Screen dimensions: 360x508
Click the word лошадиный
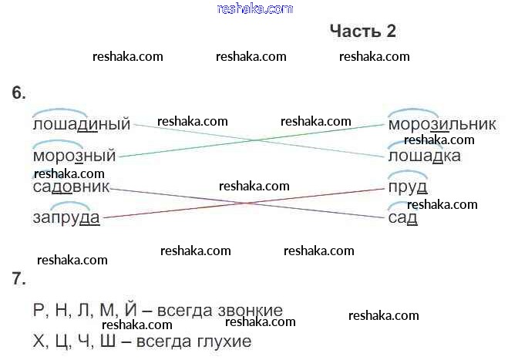82,125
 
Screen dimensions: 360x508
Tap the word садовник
72,187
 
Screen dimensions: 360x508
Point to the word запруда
66,218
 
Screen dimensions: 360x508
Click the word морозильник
442,125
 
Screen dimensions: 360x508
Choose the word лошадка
424,156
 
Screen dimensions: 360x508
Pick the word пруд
408,187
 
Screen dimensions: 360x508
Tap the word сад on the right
402,218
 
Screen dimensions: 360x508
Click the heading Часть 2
362,31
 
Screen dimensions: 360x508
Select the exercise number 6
19,93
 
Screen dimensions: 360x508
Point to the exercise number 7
19,278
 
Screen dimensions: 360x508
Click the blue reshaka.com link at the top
255,8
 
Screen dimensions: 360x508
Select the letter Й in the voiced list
130,310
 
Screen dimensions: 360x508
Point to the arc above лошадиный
59,113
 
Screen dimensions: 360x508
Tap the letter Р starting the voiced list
39,310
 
